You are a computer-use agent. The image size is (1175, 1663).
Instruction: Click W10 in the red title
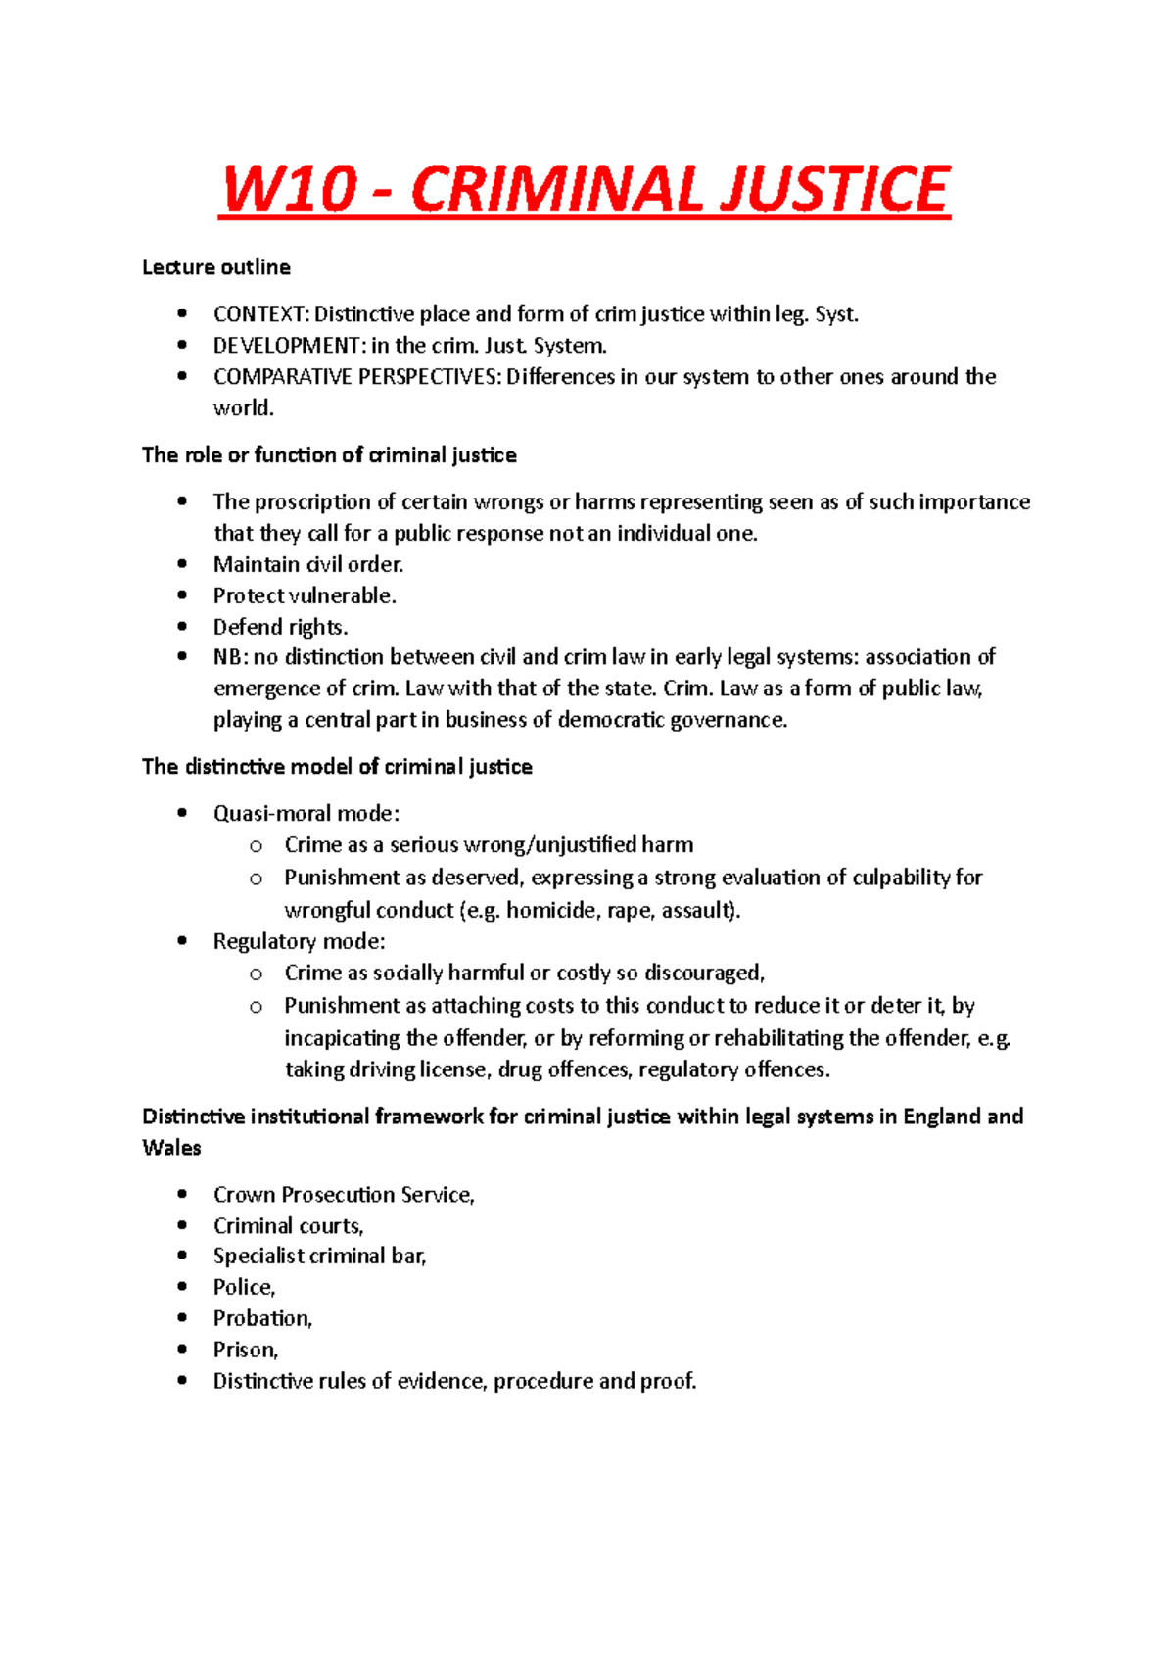pyautogui.click(x=288, y=189)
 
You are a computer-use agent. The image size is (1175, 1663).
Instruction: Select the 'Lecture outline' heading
pyautogui.click(x=216, y=267)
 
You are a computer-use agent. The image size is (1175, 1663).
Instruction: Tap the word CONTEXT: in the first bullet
pyautogui.click(x=260, y=314)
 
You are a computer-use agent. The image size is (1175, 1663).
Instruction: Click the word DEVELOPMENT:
pyautogui.click(x=289, y=346)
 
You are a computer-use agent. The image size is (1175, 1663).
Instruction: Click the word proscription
pyautogui.click(x=313, y=502)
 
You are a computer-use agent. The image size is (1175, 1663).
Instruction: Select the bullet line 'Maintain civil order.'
pyautogui.click(x=308, y=564)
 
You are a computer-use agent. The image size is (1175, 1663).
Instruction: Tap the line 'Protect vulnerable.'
pyautogui.click(x=305, y=595)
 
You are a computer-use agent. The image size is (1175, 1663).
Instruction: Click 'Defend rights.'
pyautogui.click(x=281, y=627)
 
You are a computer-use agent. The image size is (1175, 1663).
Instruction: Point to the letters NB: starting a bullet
pyautogui.click(x=230, y=657)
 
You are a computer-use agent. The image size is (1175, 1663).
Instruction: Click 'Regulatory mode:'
pyautogui.click(x=300, y=941)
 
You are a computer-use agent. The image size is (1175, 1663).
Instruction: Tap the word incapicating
pyautogui.click(x=342, y=1038)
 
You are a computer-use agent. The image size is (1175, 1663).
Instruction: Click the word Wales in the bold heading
pyautogui.click(x=171, y=1148)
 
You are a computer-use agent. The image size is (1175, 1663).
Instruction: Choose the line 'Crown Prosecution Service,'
pyautogui.click(x=344, y=1195)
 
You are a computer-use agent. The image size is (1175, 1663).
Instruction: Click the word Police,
pyautogui.click(x=245, y=1287)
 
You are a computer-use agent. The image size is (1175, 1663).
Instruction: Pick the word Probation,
pyautogui.click(x=262, y=1318)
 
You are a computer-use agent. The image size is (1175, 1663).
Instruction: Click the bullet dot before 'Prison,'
pyautogui.click(x=182, y=1349)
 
